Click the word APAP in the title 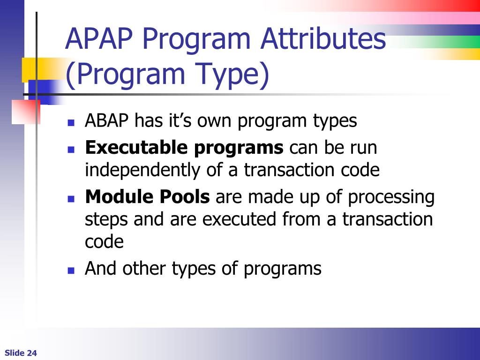(x=99, y=39)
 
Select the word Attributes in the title (x=323, y=38)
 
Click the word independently (x=142, y=170)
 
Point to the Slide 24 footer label (x=21, y=353)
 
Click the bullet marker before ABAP (x=71, y=123)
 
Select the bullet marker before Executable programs (x=71, y=150)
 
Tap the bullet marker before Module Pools (x=71, y=199)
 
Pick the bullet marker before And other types (x=71, y=270)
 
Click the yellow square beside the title (x=29, y=69)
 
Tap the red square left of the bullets (x=26, y=112)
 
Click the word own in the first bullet (x=214, y=121)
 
